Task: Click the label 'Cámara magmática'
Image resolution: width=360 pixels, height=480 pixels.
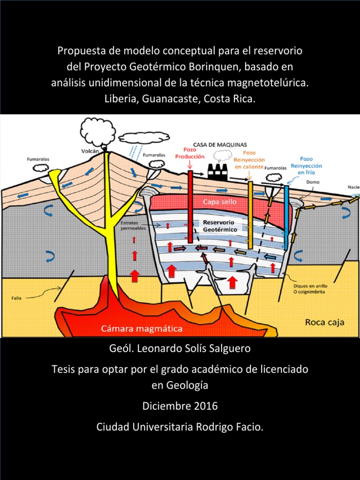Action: [142, 329]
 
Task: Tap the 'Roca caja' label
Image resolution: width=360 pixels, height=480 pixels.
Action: [324, 322]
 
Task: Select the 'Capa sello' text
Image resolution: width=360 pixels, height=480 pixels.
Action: [219, 202]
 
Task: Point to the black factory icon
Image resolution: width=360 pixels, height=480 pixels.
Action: [217, 173]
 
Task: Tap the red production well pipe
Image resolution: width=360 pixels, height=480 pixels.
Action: [190, 206]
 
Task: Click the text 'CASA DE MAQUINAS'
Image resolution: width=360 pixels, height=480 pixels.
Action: [220, 145]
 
